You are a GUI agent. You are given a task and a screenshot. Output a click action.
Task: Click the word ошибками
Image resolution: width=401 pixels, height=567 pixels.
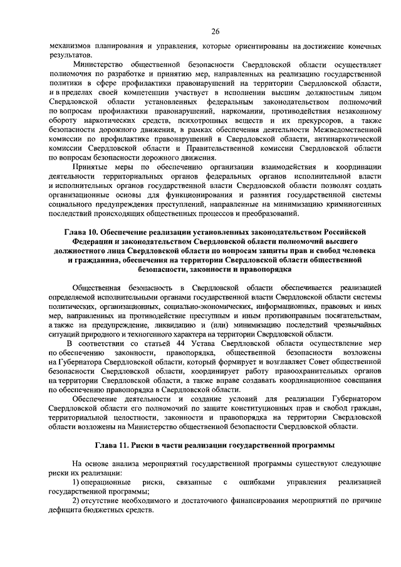click(x=256, y=482)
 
